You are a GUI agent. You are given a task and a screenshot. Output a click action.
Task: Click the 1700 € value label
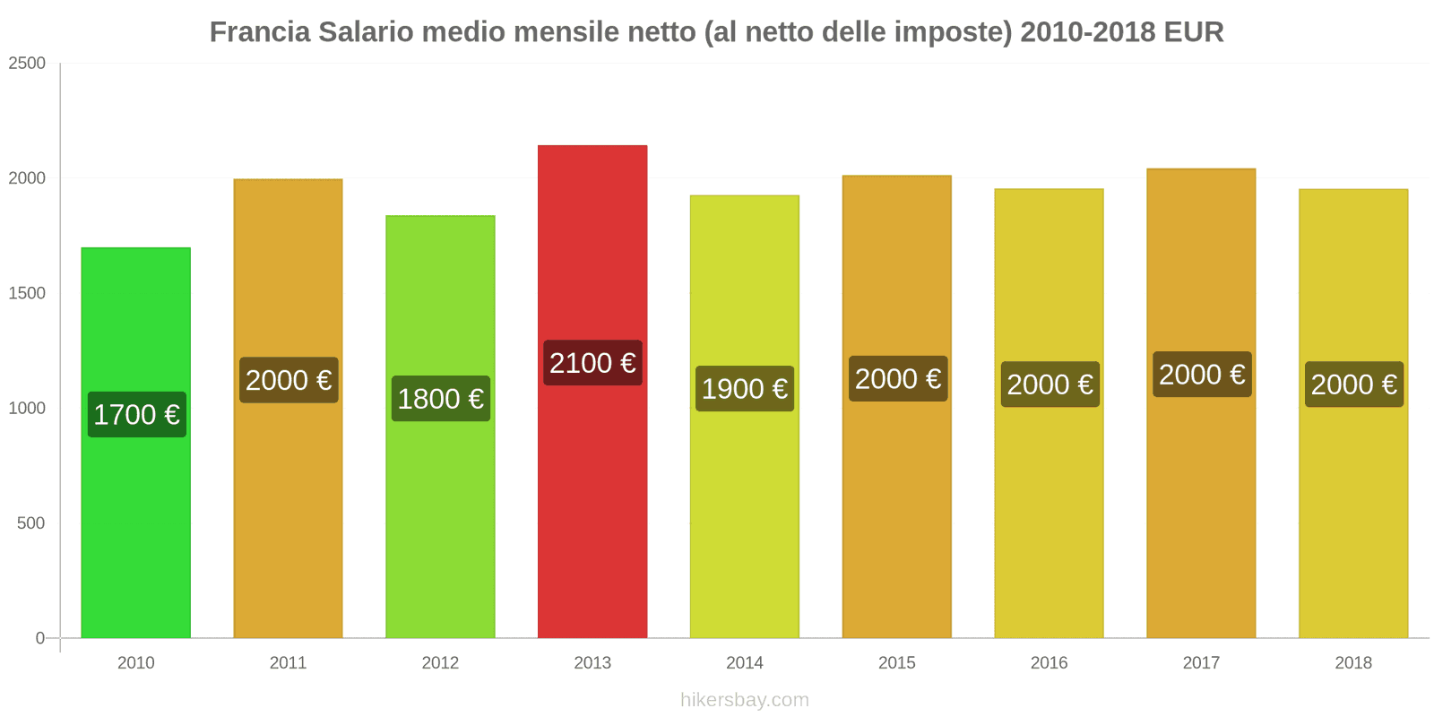pyautogui.click(x=137, y=415)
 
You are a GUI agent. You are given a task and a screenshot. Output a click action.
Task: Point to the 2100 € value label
pyautogui.click(x=592, y=363)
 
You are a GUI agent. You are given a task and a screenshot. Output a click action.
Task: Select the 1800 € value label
pyautogui.click(x=441, y=399)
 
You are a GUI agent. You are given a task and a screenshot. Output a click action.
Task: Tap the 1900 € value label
pyautogui.click(x=745, y=389)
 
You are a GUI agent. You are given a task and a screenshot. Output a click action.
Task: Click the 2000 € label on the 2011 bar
pyautogui.click(x=289, y=380)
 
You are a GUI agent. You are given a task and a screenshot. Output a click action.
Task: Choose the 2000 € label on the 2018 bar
pyautogui.click(x=1353, y=384)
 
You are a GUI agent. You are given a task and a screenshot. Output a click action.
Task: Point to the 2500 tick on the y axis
pyautogui.click(x=27, y=64)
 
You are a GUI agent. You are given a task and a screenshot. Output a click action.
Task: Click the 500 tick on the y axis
pyautogui.click(x=30, y=523)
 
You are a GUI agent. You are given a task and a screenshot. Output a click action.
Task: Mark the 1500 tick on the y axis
pyautogui.click(x=27, y=293)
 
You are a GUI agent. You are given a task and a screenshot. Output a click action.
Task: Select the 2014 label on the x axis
pyautogui.click(x=745, y=663)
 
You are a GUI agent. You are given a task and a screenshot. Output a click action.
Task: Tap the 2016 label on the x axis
pyautogui.click(x=1049, y=663)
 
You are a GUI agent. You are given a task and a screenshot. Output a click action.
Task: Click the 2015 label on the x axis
pyautogui.click(x=896, y=663)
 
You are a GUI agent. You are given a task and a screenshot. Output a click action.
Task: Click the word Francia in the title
pyautogui.click(x=260, y=32)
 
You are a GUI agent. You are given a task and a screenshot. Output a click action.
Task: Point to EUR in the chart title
pyautogui.click(x=1194, y=32)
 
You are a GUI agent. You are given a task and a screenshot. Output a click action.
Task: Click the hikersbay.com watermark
pyautogui.click(x=744, y=700)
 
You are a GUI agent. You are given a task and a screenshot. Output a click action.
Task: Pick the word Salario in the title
pyautogui.click(x=367, y=32)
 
